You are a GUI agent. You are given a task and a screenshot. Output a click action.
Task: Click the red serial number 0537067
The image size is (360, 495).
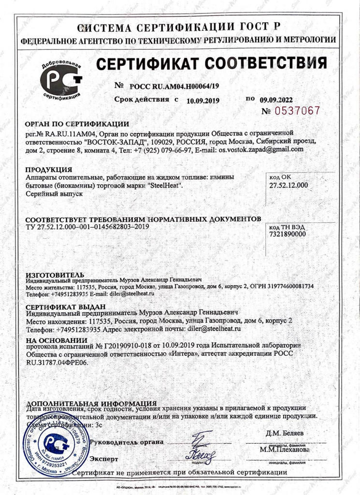pyautogui.click(x=297, y=111)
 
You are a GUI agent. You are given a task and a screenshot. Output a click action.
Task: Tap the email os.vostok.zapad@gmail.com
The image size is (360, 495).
pyautogui.click(x=261, y=150)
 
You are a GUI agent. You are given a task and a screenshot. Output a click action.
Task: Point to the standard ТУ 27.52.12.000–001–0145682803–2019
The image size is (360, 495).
pyautogui.click(x=87, y=226)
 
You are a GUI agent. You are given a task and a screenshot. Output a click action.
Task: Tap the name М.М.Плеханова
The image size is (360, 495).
pyautogui.click(x=285, y=449)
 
